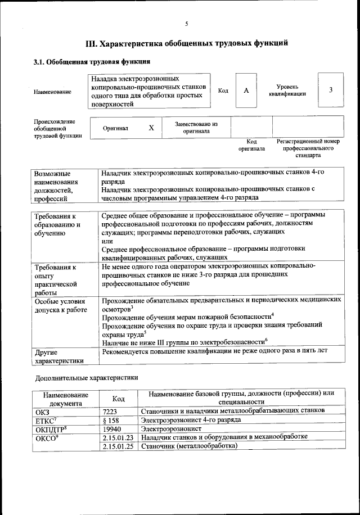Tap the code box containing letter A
click(246, 91)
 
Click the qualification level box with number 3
click(331, 90)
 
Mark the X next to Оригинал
click(151, 128)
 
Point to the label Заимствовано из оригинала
click(196, 127)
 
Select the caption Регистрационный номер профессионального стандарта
click(308, 148)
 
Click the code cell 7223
click(112, 411)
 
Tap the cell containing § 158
click(112, 419)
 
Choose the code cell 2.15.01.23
click(118, 437)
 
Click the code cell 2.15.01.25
click(118, 446)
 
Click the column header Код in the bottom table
click(119, 398)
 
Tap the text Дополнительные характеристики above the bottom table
click(87, 378)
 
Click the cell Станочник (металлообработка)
click(189, 446)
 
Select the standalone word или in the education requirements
click(107, 241)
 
